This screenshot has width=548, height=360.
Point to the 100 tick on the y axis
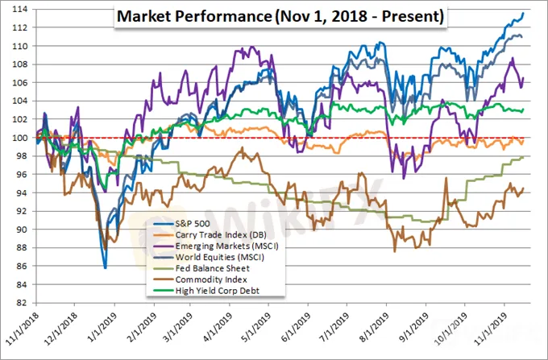pyautogui.click(x=16, y=138)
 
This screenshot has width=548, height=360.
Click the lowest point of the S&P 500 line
pyautogui.click(x=105, y=267)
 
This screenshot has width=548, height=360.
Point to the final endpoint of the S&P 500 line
pyautogui.click(x=524, y=13)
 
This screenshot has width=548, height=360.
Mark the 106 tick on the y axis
pyautogui.click(x=16, y=83)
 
